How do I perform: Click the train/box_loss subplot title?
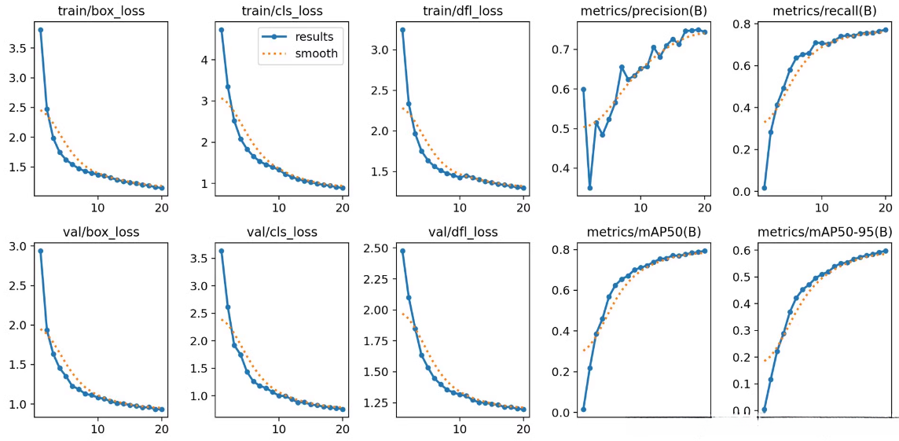[x=101, y=11]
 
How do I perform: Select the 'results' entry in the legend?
[x=315, y=37]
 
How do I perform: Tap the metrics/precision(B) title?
[x=642, y=11]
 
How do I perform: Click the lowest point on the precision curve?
[x=589, y=188]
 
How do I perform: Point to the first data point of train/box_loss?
[x=40, y=30]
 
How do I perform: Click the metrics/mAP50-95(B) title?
[x=824, y=232]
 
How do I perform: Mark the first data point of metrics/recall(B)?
[x=764, y=188]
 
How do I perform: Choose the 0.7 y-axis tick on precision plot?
[x=562, y=50]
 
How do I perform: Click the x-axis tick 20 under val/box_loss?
[x=161, y=430]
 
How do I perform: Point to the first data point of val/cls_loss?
[x=222, y=252]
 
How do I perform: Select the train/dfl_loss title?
[x=462, y=11]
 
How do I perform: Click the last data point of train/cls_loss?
[x=342, y=188]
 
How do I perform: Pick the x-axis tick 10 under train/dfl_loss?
[x=459, y=208]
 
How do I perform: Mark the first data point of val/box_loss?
[x=40, y=252]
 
